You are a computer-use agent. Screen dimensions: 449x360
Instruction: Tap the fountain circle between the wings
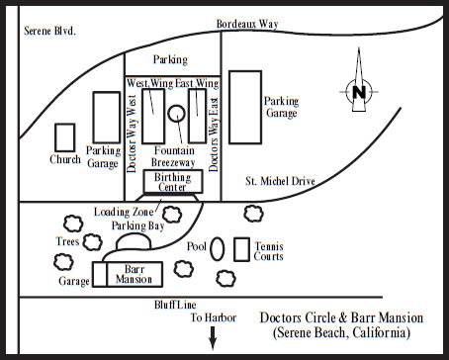(x=176, y=106)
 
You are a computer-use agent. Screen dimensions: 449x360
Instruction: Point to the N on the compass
(x=359, y=92)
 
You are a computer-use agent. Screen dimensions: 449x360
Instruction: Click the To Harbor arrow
(x=213, y=338)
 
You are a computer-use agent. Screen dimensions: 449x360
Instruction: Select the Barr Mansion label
(x=135, y=274)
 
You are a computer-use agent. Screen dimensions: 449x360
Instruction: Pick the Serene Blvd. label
(x=50, y=31)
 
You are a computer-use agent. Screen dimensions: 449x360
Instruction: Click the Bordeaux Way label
(x=247, y=24)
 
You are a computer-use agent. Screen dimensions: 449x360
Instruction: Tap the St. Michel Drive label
(x=280, y=181)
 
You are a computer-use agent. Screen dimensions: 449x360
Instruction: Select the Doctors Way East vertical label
(x=214, y=135)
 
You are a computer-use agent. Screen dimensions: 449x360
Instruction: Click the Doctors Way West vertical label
(x=132, y=134)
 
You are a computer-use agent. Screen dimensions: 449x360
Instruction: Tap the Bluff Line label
(x=175, y=305)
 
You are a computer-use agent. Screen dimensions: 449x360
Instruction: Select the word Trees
(x=67, y=241)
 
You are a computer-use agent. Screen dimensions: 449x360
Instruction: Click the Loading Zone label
(x=124, y=212)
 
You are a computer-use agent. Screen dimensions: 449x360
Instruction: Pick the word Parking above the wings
(x=170, y=59)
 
